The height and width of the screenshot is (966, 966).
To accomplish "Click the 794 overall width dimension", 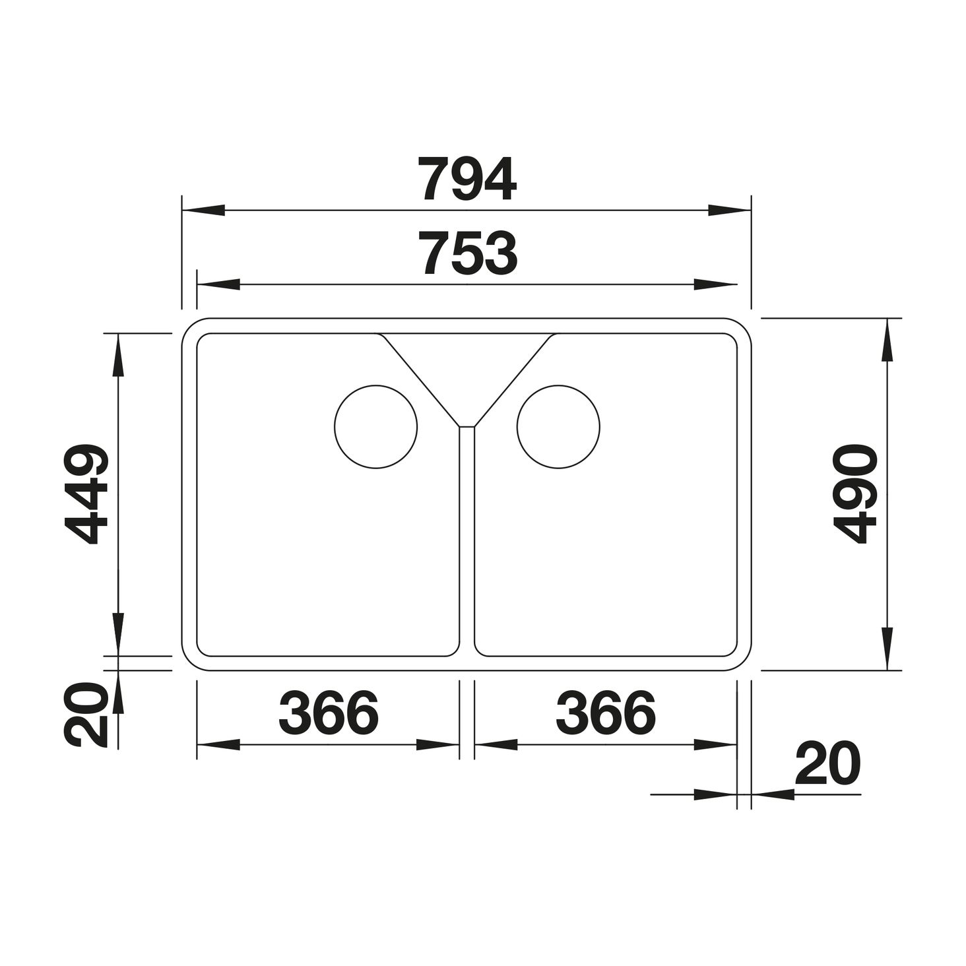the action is [468, 179].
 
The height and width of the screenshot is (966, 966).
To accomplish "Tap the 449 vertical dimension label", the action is [86, 494].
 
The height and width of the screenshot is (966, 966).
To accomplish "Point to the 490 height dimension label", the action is [854, 494].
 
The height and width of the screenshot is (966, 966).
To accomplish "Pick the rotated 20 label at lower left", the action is [86, 715].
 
